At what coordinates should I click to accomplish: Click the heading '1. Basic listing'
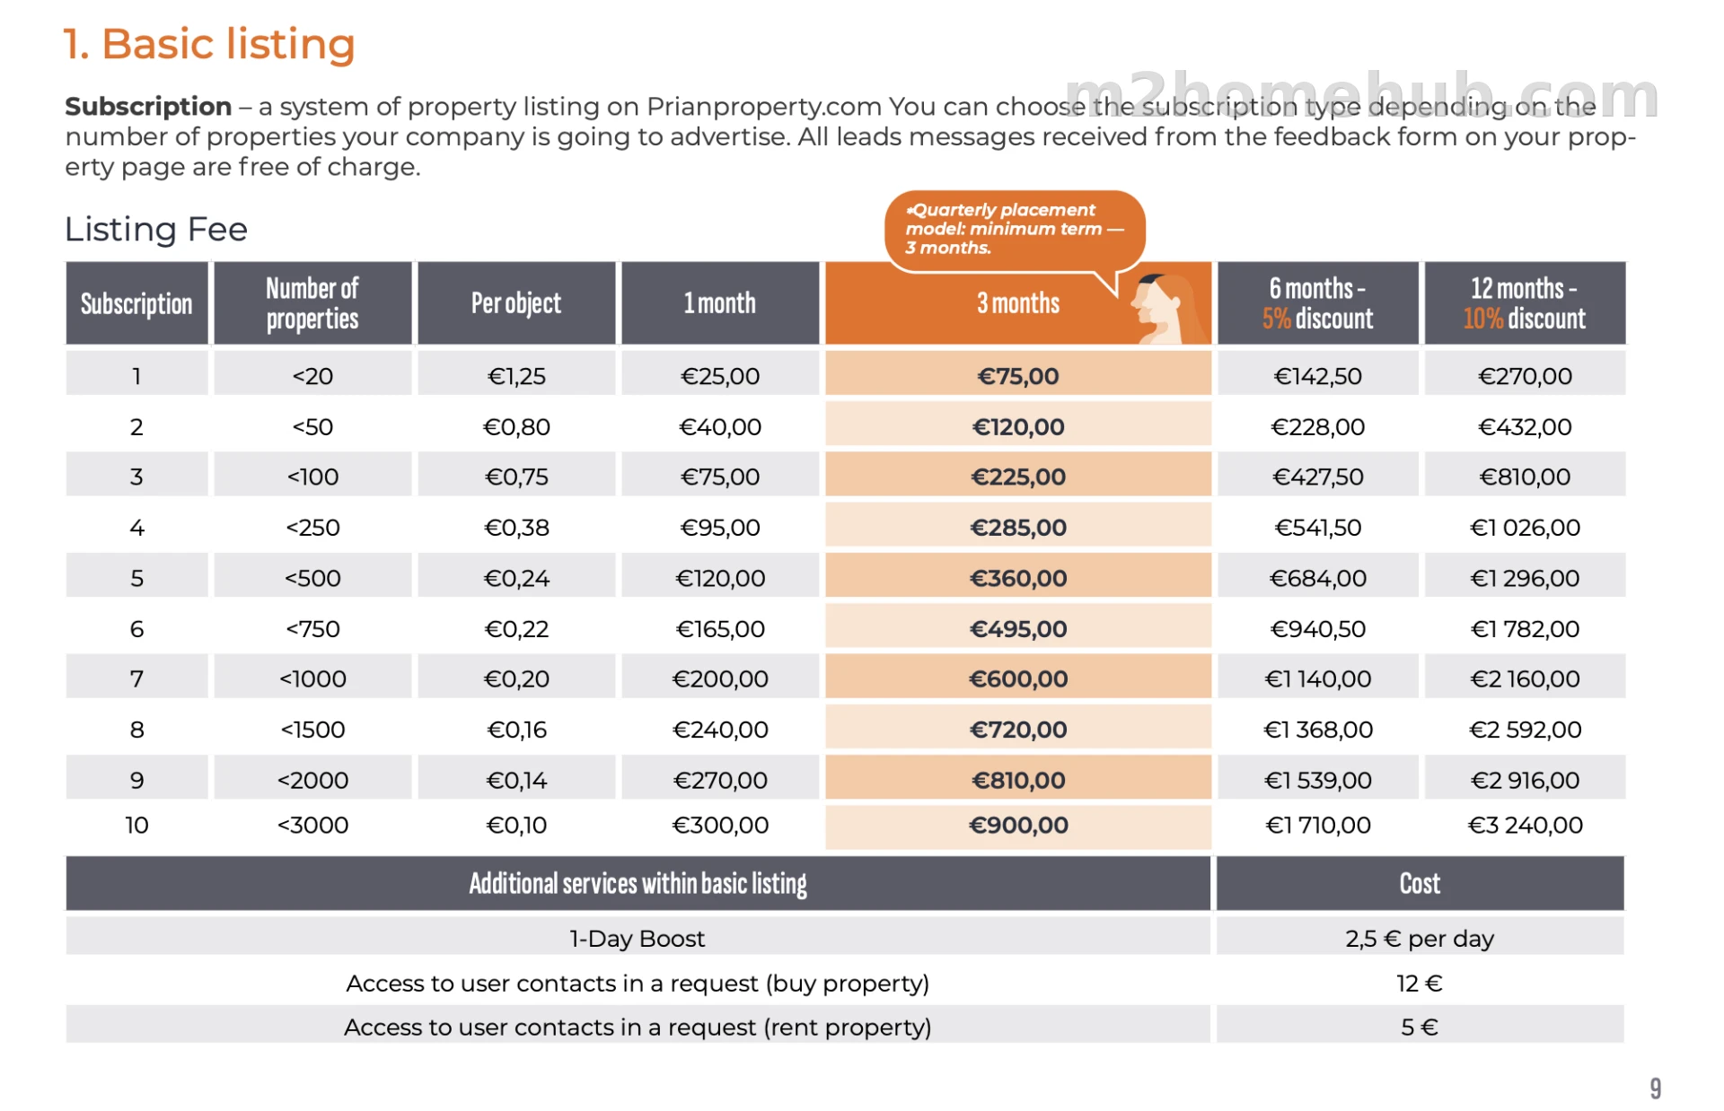pyautogui.click(x=209, y=44)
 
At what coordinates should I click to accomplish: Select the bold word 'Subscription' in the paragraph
pyautogui.click(x=148, y=107)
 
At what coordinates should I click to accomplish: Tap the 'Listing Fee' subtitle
pyautogui.click(x=156, y=230)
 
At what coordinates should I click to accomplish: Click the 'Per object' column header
pyautogui.click(x=516, y=303)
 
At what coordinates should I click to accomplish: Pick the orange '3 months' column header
pyautogui.click(x=1018, y=303)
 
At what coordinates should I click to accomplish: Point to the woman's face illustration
pyautogui.click(x=1159, y=310)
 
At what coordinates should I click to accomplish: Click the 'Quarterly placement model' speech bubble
pyautogui.click(x=1015, y=230)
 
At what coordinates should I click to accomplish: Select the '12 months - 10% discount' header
pyautogui.click(x=1525, y=303)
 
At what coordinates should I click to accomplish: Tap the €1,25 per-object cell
pyautogui.click(x=516, y=376)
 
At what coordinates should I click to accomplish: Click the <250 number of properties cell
pyautogui.click(x=312, y=528)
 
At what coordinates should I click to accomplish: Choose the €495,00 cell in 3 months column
pyautogui.click(x=1018, y=629)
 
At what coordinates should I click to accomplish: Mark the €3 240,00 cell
pyautogui.click(x=1525, y=826)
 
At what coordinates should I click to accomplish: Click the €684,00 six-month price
pyautogui.click(x=1318, y=579)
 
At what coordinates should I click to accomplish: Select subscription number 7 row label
pyautogui.click(x=136, y=679)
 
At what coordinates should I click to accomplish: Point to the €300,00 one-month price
pyautogui.click(x=720, y=826)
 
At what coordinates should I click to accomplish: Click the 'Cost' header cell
pyautogui.click(x=1420, y=884)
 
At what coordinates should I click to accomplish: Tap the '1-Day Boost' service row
pyautogui.click(x=638, y=939)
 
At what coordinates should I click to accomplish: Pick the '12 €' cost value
pyautogui.click(x=1420, y=984)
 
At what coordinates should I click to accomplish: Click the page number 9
pyautogui.click(x=1655, y=1089)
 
